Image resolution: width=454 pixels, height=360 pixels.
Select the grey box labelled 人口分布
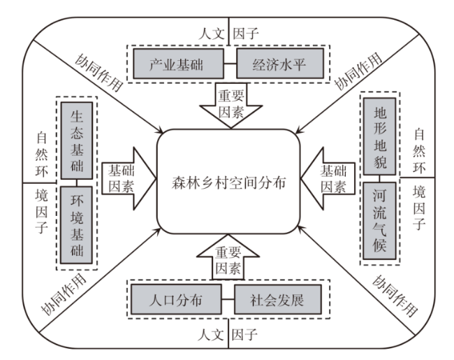177,300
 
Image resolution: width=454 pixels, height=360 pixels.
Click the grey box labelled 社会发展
278,300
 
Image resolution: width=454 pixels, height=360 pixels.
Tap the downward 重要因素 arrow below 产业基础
228,105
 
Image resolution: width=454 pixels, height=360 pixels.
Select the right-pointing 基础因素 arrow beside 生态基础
126,180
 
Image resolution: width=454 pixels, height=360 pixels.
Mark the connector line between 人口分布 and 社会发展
228,301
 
